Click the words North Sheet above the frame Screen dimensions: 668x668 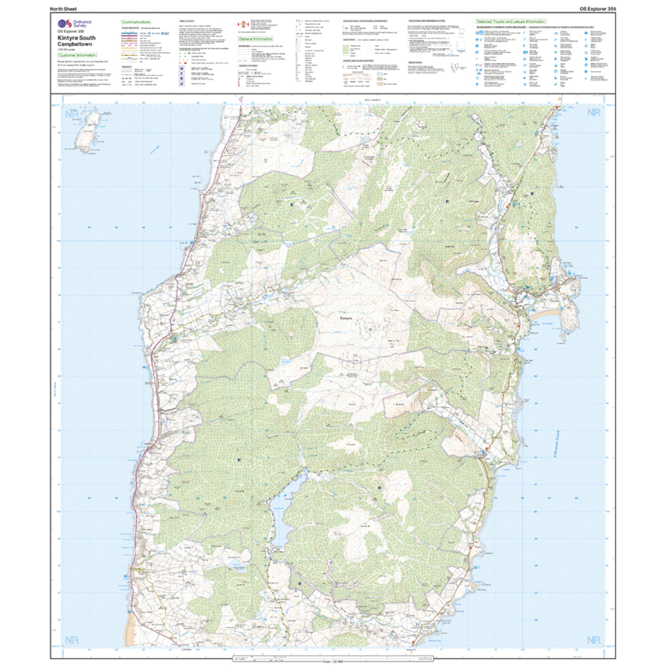[x=63, y=9]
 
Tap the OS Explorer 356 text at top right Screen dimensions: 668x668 [x=598, y=9]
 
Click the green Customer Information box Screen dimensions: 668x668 [x=77, y=55]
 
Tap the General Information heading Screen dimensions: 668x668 [x=256, y=39]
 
